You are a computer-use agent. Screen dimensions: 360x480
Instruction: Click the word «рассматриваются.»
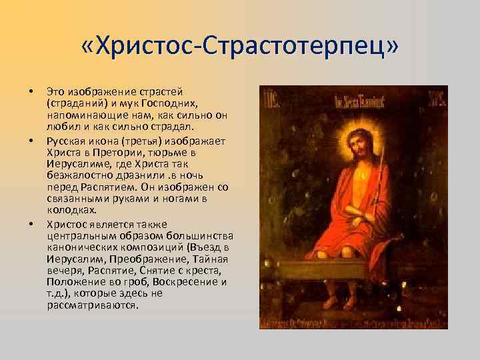click(93, 305)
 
